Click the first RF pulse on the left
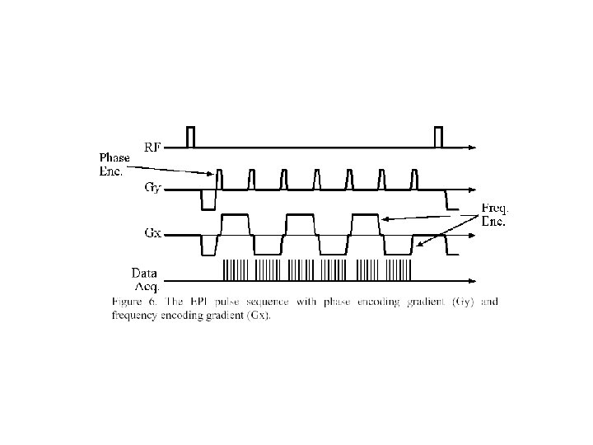pos(191,137)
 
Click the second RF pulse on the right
pos(438,137)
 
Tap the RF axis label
pos(152,147)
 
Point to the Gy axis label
pos(152,188)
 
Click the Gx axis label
pos(152,233)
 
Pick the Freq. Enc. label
pos(494,216)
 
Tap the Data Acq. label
pos(145,278)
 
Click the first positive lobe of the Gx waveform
pos(236,222)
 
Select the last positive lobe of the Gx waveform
pos(367,222)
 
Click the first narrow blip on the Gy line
pos(220,179)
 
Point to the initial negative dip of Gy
pos(208,199)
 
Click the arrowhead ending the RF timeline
pos(471,148)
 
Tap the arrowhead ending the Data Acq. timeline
pos(471,270)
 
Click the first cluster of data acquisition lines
pos(234,269)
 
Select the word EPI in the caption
pos(198,302)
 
